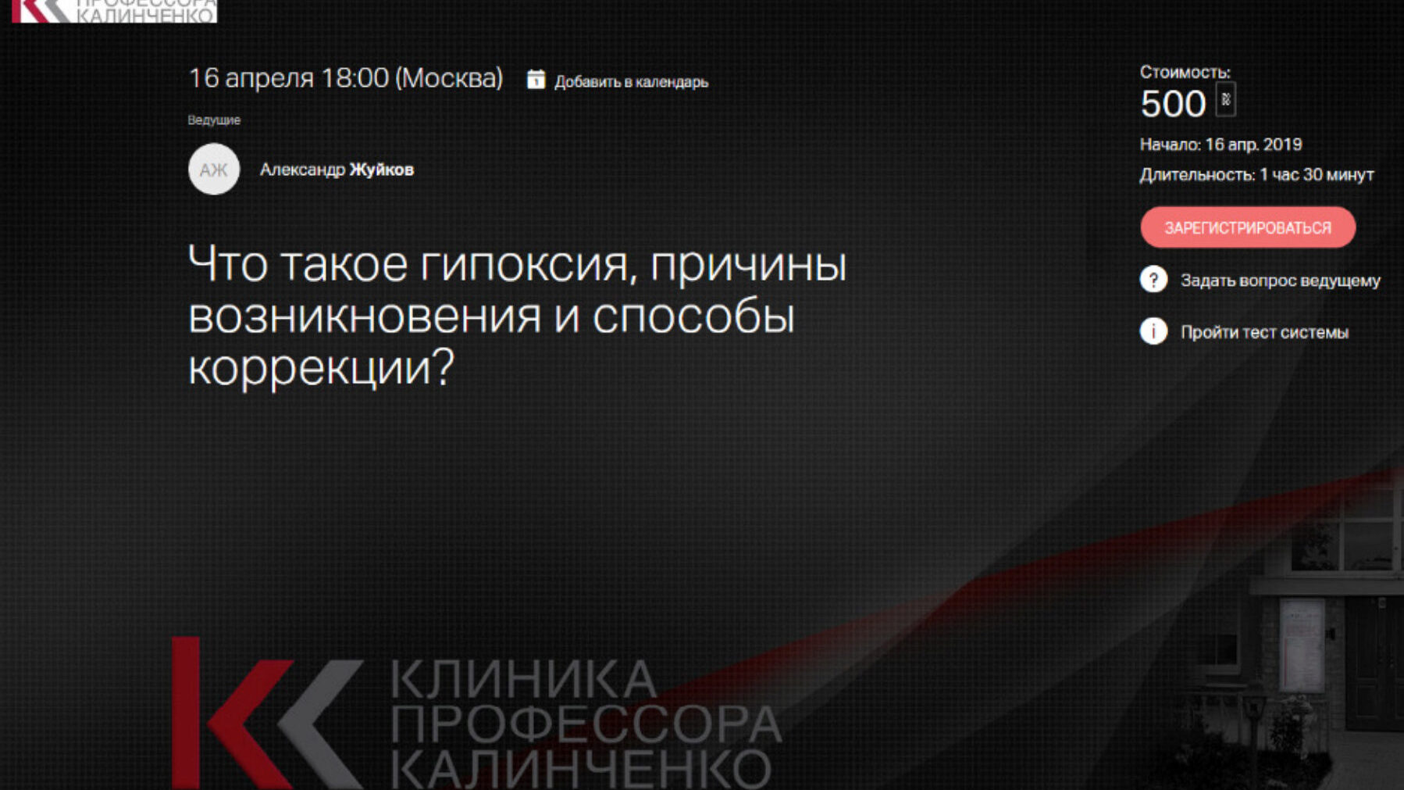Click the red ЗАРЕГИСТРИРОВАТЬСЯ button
coord(1248,227)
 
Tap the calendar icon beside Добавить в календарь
coord(536,79)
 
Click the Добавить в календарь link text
coord(631,82)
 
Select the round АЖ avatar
coord(214,169)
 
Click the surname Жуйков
coord(381,170)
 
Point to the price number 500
coord(1173,104)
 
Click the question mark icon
coord(1153,279)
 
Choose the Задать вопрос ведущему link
coord(1280,281)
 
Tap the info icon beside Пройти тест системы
coord(1153,331)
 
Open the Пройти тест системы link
coord(1264,332)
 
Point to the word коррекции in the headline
coord(321,367)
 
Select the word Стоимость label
coord(1185,72)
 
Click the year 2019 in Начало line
coord(1282,145)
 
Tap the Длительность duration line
coord(1256,175)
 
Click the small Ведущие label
coord(214,120)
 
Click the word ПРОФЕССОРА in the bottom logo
coord(586,724)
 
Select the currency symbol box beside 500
coord(1226,100)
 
